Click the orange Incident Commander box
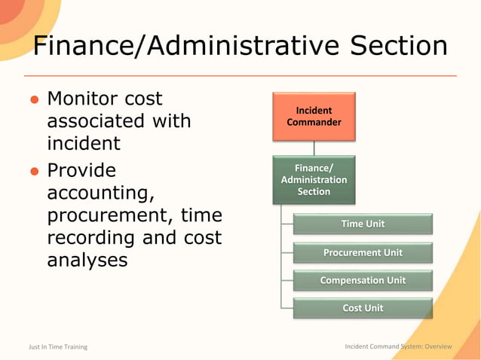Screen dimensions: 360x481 coord(314,117)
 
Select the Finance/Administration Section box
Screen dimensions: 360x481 coord(314,180)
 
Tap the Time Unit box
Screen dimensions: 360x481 coord(363,224)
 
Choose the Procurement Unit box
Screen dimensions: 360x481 coord(363,252)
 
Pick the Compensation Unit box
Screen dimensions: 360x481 coord(363,280)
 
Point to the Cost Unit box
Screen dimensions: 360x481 coord(363,308)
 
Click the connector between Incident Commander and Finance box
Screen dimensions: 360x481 coord(314,148)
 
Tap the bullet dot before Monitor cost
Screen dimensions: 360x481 coord(35,100)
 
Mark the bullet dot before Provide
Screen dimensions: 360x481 coord(35,171)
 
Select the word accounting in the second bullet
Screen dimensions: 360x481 coord(101,193)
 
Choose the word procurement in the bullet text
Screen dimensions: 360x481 coord(109,215)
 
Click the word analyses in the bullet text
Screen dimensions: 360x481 coord(87,261)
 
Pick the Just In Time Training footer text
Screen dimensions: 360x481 coord(58,346)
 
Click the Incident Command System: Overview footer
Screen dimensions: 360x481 coord(398,346)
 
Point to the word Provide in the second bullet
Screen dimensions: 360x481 coord(81,169)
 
